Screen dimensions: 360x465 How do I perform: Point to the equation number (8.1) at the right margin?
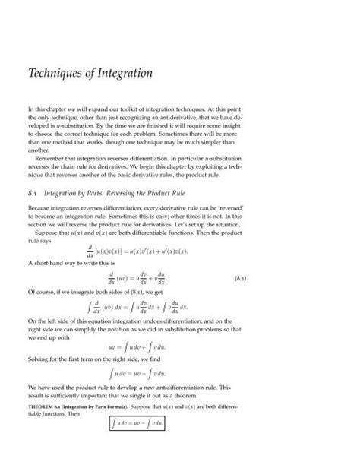tap(312, 280)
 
